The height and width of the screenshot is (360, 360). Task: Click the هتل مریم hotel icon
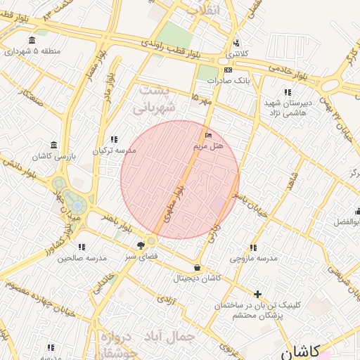click(207, 134)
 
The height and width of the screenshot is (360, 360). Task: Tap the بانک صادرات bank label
click(229, 80)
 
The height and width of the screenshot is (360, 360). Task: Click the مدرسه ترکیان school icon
click(114, 139)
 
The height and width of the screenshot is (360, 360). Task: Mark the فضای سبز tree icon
click(141, 245)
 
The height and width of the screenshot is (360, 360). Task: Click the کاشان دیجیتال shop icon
click(197, 267)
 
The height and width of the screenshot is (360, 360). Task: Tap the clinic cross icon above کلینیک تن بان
click(258, 294)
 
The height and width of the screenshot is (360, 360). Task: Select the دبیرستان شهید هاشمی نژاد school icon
click(287, 92)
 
